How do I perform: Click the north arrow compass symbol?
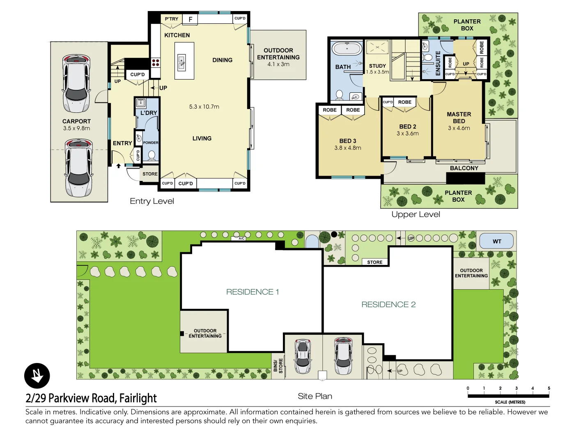(37, 376)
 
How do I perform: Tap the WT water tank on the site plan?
(497, 241)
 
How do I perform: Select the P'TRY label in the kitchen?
(172, 19)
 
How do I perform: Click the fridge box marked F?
(191, 19)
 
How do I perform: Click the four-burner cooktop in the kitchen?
(156, 62)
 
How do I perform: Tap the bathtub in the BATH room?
(347, 49)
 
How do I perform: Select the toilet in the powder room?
(152, 155)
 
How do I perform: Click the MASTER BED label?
(459, 118)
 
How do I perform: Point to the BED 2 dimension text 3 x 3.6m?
(408, 134)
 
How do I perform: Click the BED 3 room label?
(348, 141)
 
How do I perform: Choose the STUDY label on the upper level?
(377, 66)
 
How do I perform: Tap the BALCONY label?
(464, 168)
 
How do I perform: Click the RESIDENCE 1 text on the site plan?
(253, 292)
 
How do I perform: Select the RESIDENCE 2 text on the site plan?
(388, 304)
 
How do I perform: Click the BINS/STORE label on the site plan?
(278, 365)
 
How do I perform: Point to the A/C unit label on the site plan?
(241, 238)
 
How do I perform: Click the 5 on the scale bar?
(549, 388)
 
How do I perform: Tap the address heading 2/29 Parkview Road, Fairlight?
(91, 398)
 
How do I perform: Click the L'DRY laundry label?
(149, 113)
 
